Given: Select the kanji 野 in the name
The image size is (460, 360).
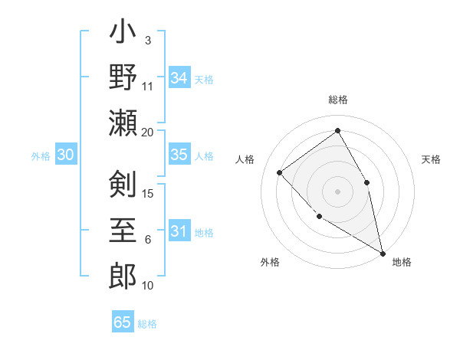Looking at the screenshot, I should (123, 79).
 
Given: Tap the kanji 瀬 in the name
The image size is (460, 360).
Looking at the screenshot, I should (123, 123).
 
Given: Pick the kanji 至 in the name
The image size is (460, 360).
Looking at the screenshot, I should (123, 229).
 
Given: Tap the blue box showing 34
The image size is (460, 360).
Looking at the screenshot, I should (179, 78).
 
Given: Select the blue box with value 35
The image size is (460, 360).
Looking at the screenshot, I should (179, 155).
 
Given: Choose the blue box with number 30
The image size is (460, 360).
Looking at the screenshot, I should (66, 155).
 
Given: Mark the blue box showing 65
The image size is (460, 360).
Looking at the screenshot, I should (123, 322).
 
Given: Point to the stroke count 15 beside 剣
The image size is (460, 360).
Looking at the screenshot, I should (149, 193).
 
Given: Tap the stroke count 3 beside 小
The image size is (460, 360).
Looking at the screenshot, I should (148, 40).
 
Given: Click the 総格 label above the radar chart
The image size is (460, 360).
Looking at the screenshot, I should (337, 100).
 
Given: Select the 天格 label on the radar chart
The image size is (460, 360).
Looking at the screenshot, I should (431, 159).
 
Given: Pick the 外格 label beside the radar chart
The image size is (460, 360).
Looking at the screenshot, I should (270, 262).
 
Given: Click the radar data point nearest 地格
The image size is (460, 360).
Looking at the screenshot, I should (383, 253).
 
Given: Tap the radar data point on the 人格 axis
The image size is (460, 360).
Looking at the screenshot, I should (280, 172).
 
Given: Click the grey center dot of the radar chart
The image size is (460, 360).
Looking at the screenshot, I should (337, 191).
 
